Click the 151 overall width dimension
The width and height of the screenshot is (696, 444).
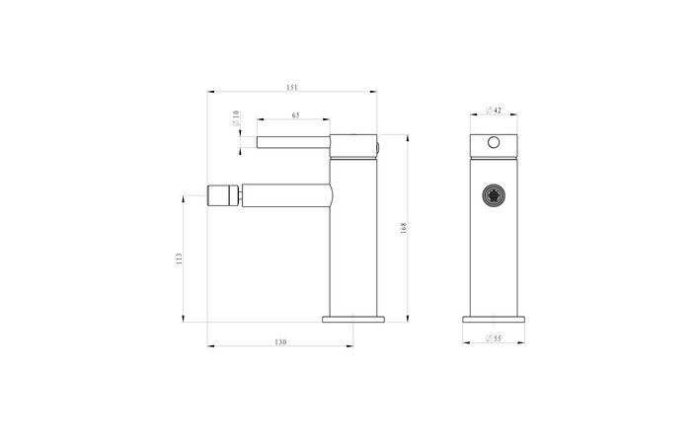292,88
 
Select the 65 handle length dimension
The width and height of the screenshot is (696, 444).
295,116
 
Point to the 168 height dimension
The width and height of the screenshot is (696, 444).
404,228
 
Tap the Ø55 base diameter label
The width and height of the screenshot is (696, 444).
494,339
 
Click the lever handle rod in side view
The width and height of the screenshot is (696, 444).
292,142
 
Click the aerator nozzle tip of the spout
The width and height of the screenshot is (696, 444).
224,193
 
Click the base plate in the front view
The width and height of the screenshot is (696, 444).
494,319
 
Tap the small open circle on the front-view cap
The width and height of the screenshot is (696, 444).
494,144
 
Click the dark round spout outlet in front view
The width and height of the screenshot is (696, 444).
494,194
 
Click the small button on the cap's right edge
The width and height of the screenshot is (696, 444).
378,149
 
